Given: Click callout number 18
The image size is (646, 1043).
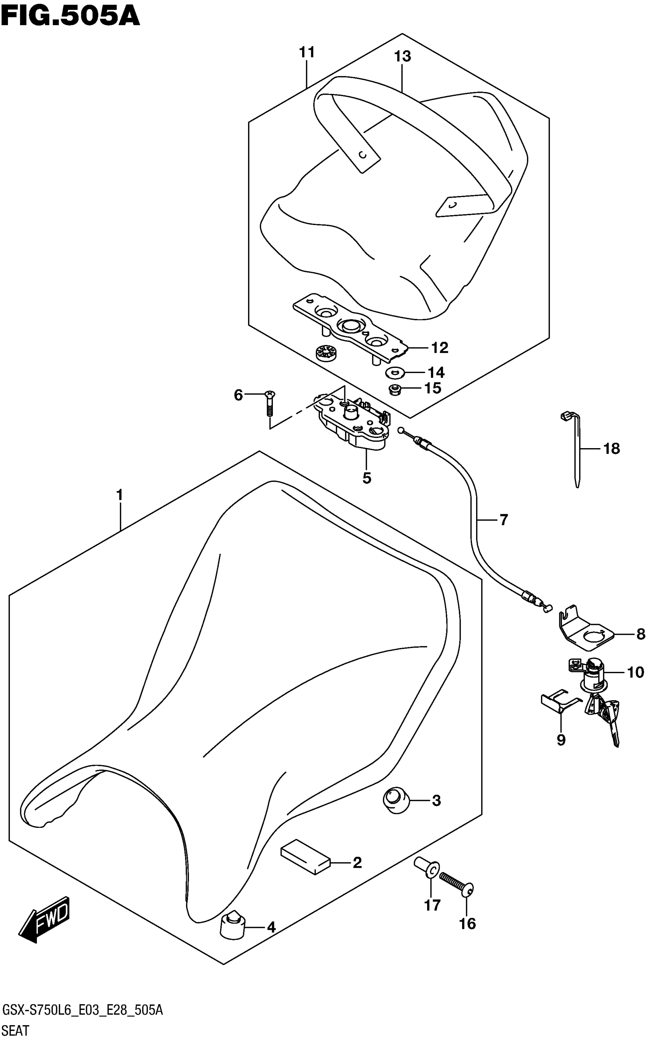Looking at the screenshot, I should (611, 449).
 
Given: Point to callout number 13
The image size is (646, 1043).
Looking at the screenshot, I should (402, 56).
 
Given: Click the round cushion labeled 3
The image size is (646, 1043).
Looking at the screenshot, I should (396, 801).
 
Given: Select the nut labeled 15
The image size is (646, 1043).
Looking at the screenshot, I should (395, 389).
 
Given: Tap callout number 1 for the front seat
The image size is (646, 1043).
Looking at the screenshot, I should (120, 495).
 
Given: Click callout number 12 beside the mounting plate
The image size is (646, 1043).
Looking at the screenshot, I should (440, 348).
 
